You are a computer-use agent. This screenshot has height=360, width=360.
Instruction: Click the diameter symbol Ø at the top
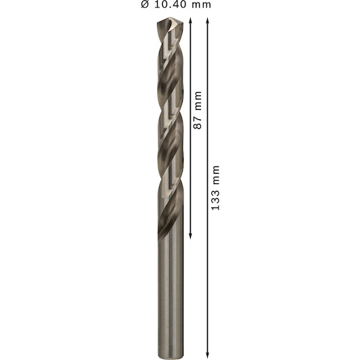(x=145, y=4)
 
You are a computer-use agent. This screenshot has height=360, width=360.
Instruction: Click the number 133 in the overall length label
(x=215, y=200)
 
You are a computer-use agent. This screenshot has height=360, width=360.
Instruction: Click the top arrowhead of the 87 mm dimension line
(x=190, y=20)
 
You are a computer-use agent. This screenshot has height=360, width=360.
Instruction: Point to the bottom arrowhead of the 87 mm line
(x=190, y=236)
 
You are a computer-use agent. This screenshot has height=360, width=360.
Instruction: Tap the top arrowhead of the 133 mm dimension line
(x=208, y=20)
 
